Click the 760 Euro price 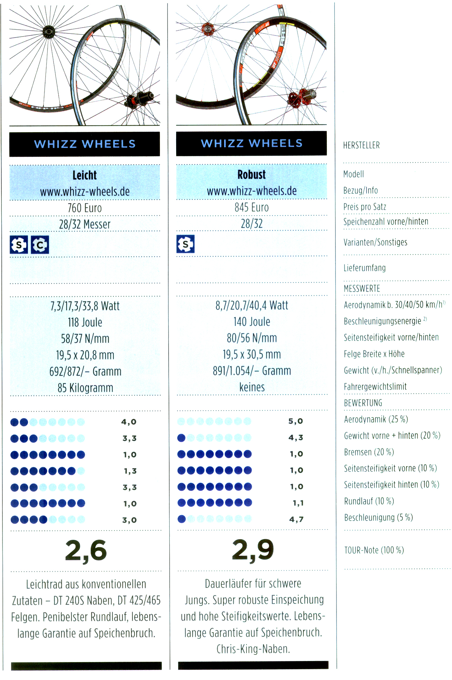coord(84,208)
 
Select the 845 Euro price coord(252,207)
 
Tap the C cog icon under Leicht coord(40,245)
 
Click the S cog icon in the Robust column coord(185,244)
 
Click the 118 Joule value coord(85,322)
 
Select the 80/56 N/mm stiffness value coord(252,338)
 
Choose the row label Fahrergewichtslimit coord(375,387)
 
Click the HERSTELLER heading coord(361,145)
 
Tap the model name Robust coord(252,175)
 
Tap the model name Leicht coord(84,175)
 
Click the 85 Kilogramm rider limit coord(85,388)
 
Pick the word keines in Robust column coord(252,387)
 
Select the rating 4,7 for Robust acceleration coord(296,519)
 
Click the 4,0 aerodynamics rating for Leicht coord(129,422)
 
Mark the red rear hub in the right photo coord(298,98)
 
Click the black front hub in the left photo coord(49,32)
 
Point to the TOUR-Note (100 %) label coord(374,550)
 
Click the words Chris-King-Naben coord(253,649)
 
